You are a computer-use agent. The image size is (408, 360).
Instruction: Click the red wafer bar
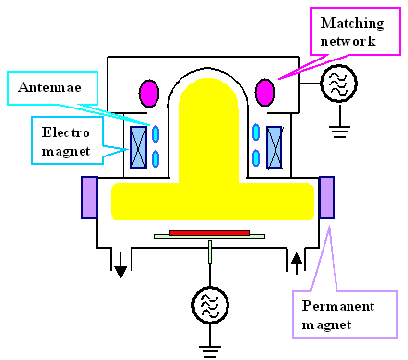point(209,232)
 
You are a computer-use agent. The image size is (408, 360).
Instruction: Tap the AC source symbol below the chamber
point(209,305)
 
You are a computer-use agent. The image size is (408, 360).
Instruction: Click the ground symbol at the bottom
point(209,345)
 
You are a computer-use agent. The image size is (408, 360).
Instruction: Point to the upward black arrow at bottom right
point(295,259)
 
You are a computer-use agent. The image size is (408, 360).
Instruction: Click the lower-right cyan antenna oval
point(257,156)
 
